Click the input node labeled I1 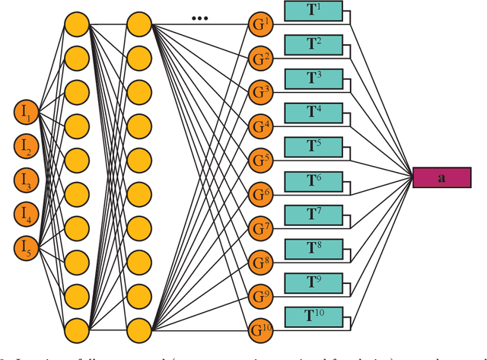tap(26, 113)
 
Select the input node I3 tap(26, 180)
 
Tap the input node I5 tap(26, 247)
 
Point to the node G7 tap(260, 228)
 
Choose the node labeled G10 tap(260, 330)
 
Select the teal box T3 tap(313, 79)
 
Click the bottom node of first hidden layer tap(77, 330)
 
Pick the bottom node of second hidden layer tap(138, 330)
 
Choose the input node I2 tap(26, 146)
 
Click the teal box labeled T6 tap(313, 181)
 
